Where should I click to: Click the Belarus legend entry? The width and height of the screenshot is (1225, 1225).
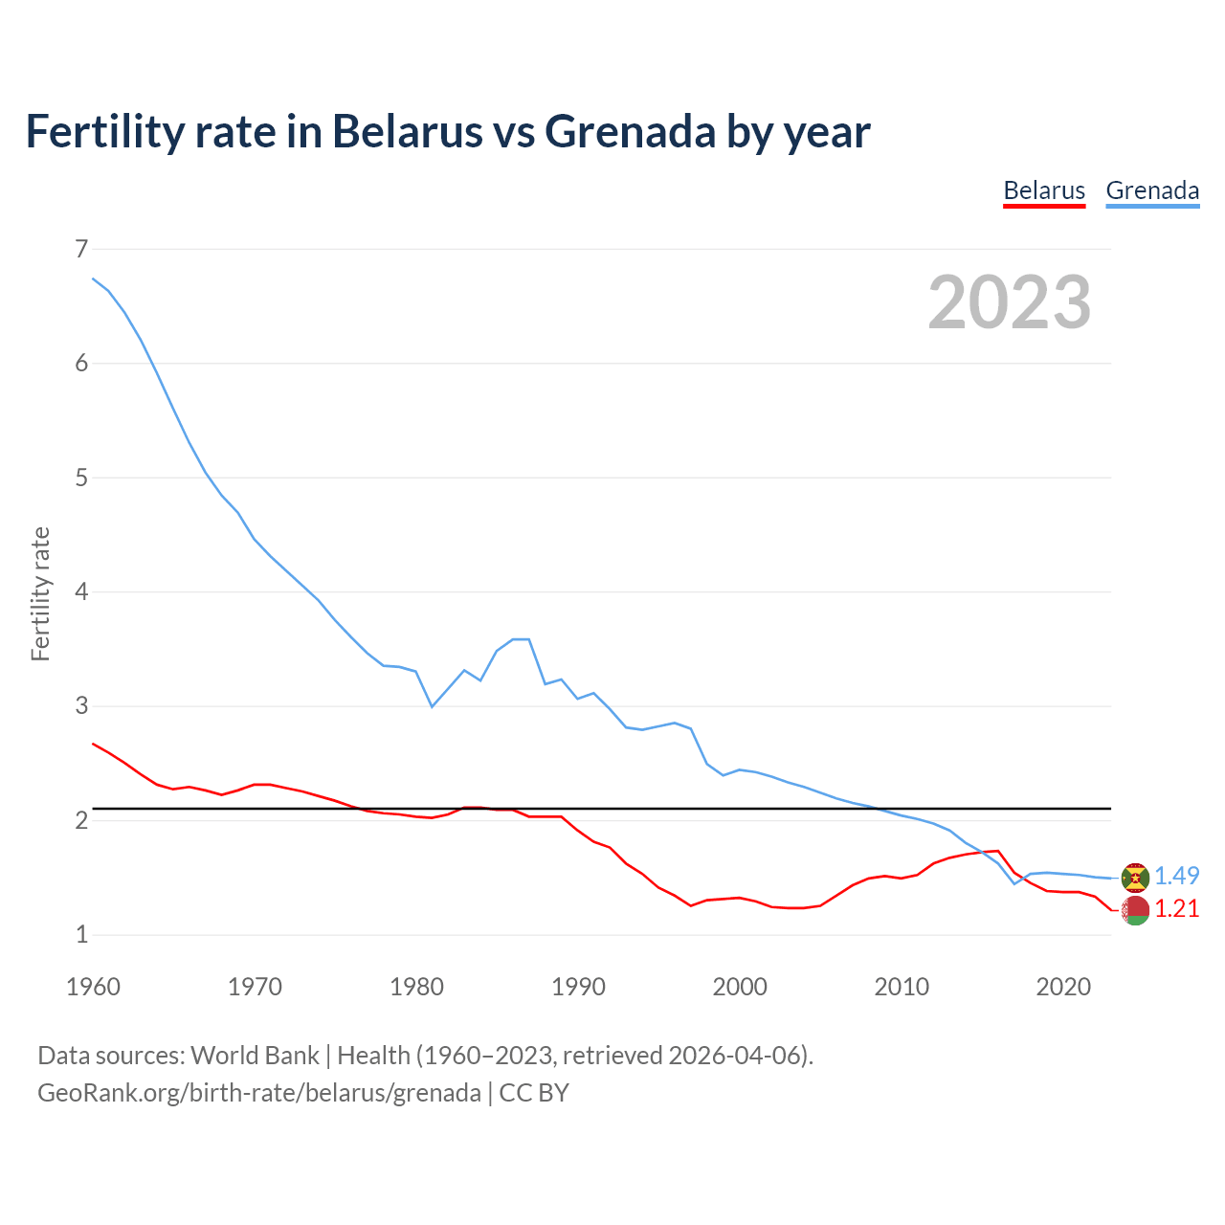[1044, 190]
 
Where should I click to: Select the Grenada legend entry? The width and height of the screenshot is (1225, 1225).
[1152, 190]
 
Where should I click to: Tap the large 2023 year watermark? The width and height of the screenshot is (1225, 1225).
[1010, 302]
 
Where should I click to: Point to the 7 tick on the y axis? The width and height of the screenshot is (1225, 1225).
[81, 250]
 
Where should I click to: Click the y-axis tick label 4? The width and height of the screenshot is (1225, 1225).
[81, 592]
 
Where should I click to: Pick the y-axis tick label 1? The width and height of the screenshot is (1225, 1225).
[81, 935]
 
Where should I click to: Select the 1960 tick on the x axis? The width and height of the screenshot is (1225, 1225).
[93, 987]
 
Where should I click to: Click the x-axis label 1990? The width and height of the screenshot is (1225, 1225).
[578, 987]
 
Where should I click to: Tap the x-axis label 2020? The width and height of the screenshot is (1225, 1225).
[1063, 987]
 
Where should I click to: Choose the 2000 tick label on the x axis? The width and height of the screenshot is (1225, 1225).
[740, 987]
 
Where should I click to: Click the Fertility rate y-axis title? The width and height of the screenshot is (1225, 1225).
[40, 593]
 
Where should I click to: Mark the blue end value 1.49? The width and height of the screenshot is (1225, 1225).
[1176, 876]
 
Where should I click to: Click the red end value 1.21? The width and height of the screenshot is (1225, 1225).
[1176, 908]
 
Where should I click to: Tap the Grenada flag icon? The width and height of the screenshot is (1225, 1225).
[1135, 877]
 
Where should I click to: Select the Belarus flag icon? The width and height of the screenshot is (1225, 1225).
[1135, 910]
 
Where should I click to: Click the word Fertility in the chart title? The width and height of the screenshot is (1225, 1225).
[102, 131]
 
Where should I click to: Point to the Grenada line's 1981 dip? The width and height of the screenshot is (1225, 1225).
[432, 706]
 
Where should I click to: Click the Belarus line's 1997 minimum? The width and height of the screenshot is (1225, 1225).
[691, 905]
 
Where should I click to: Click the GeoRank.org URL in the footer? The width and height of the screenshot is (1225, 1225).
[258, 1093]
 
